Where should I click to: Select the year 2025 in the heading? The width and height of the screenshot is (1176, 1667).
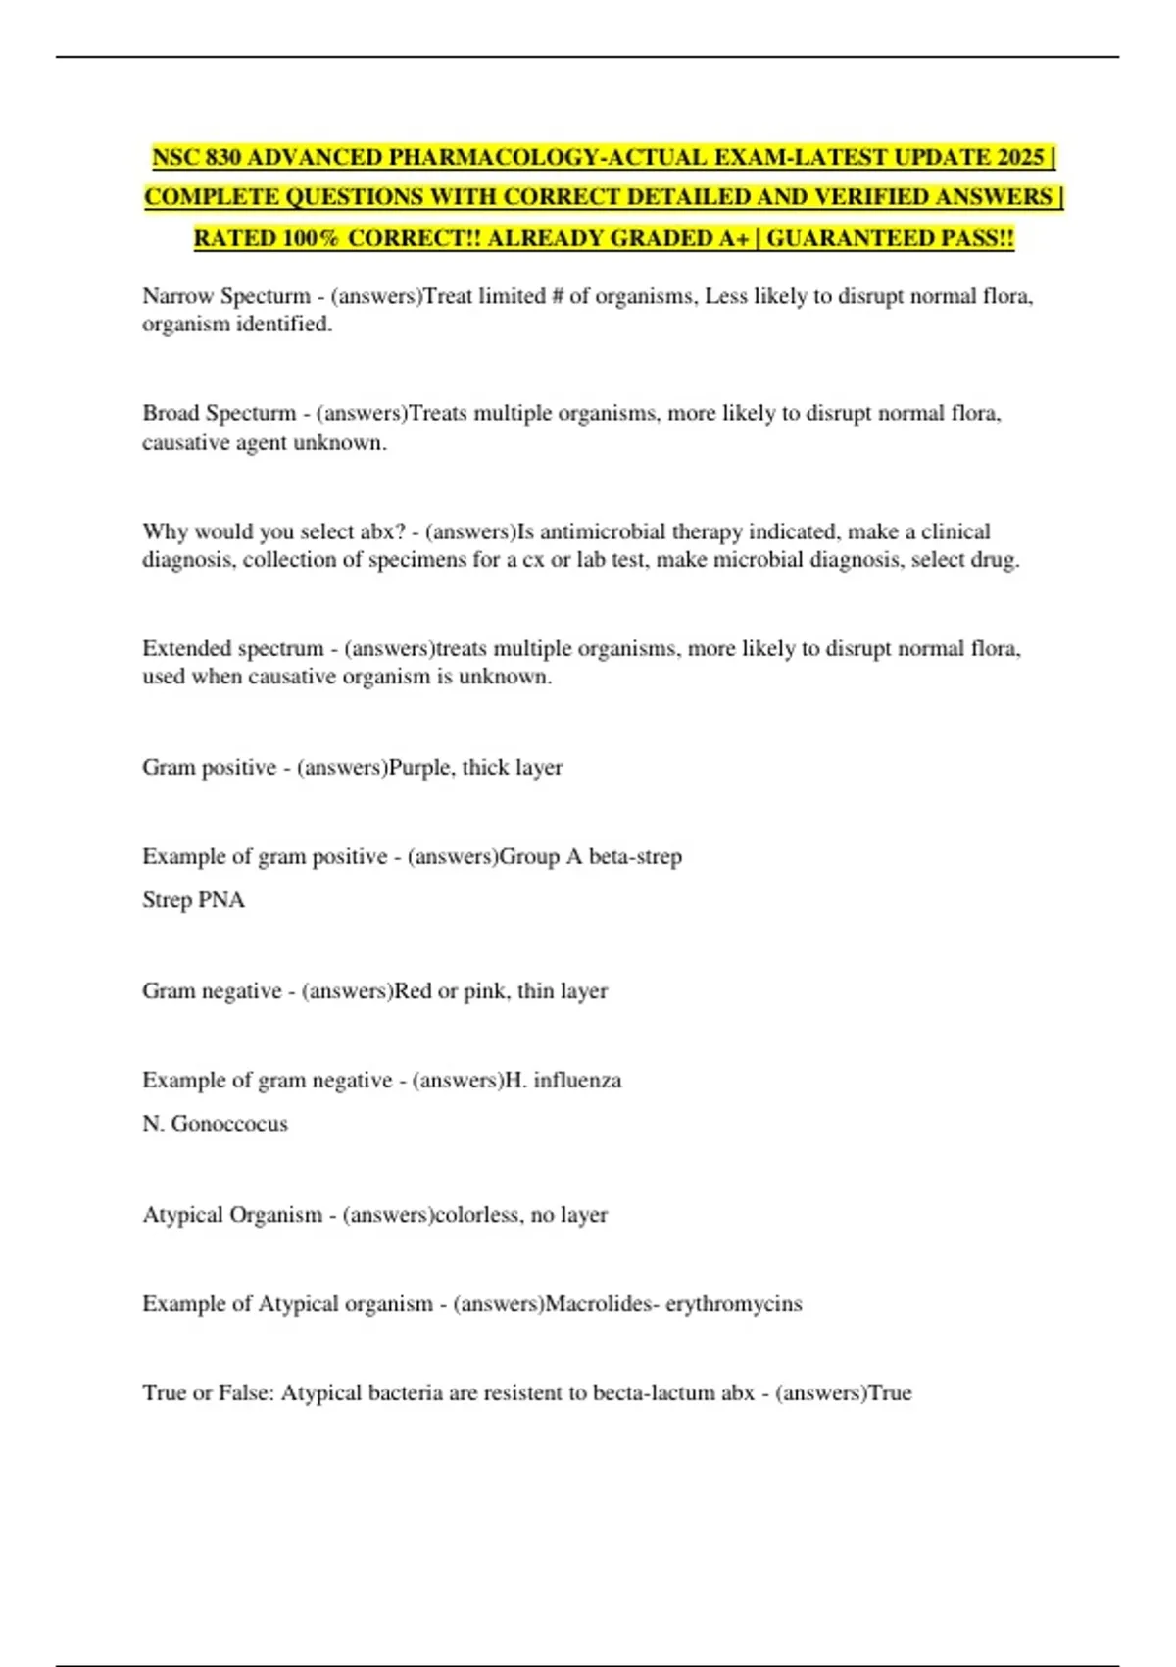tap(1019, 157)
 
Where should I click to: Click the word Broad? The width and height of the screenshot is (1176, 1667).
tap(171, 413)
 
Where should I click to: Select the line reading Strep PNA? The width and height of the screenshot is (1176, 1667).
tap(193, 900)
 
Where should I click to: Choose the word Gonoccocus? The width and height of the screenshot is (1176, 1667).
tap(229, 1124)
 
